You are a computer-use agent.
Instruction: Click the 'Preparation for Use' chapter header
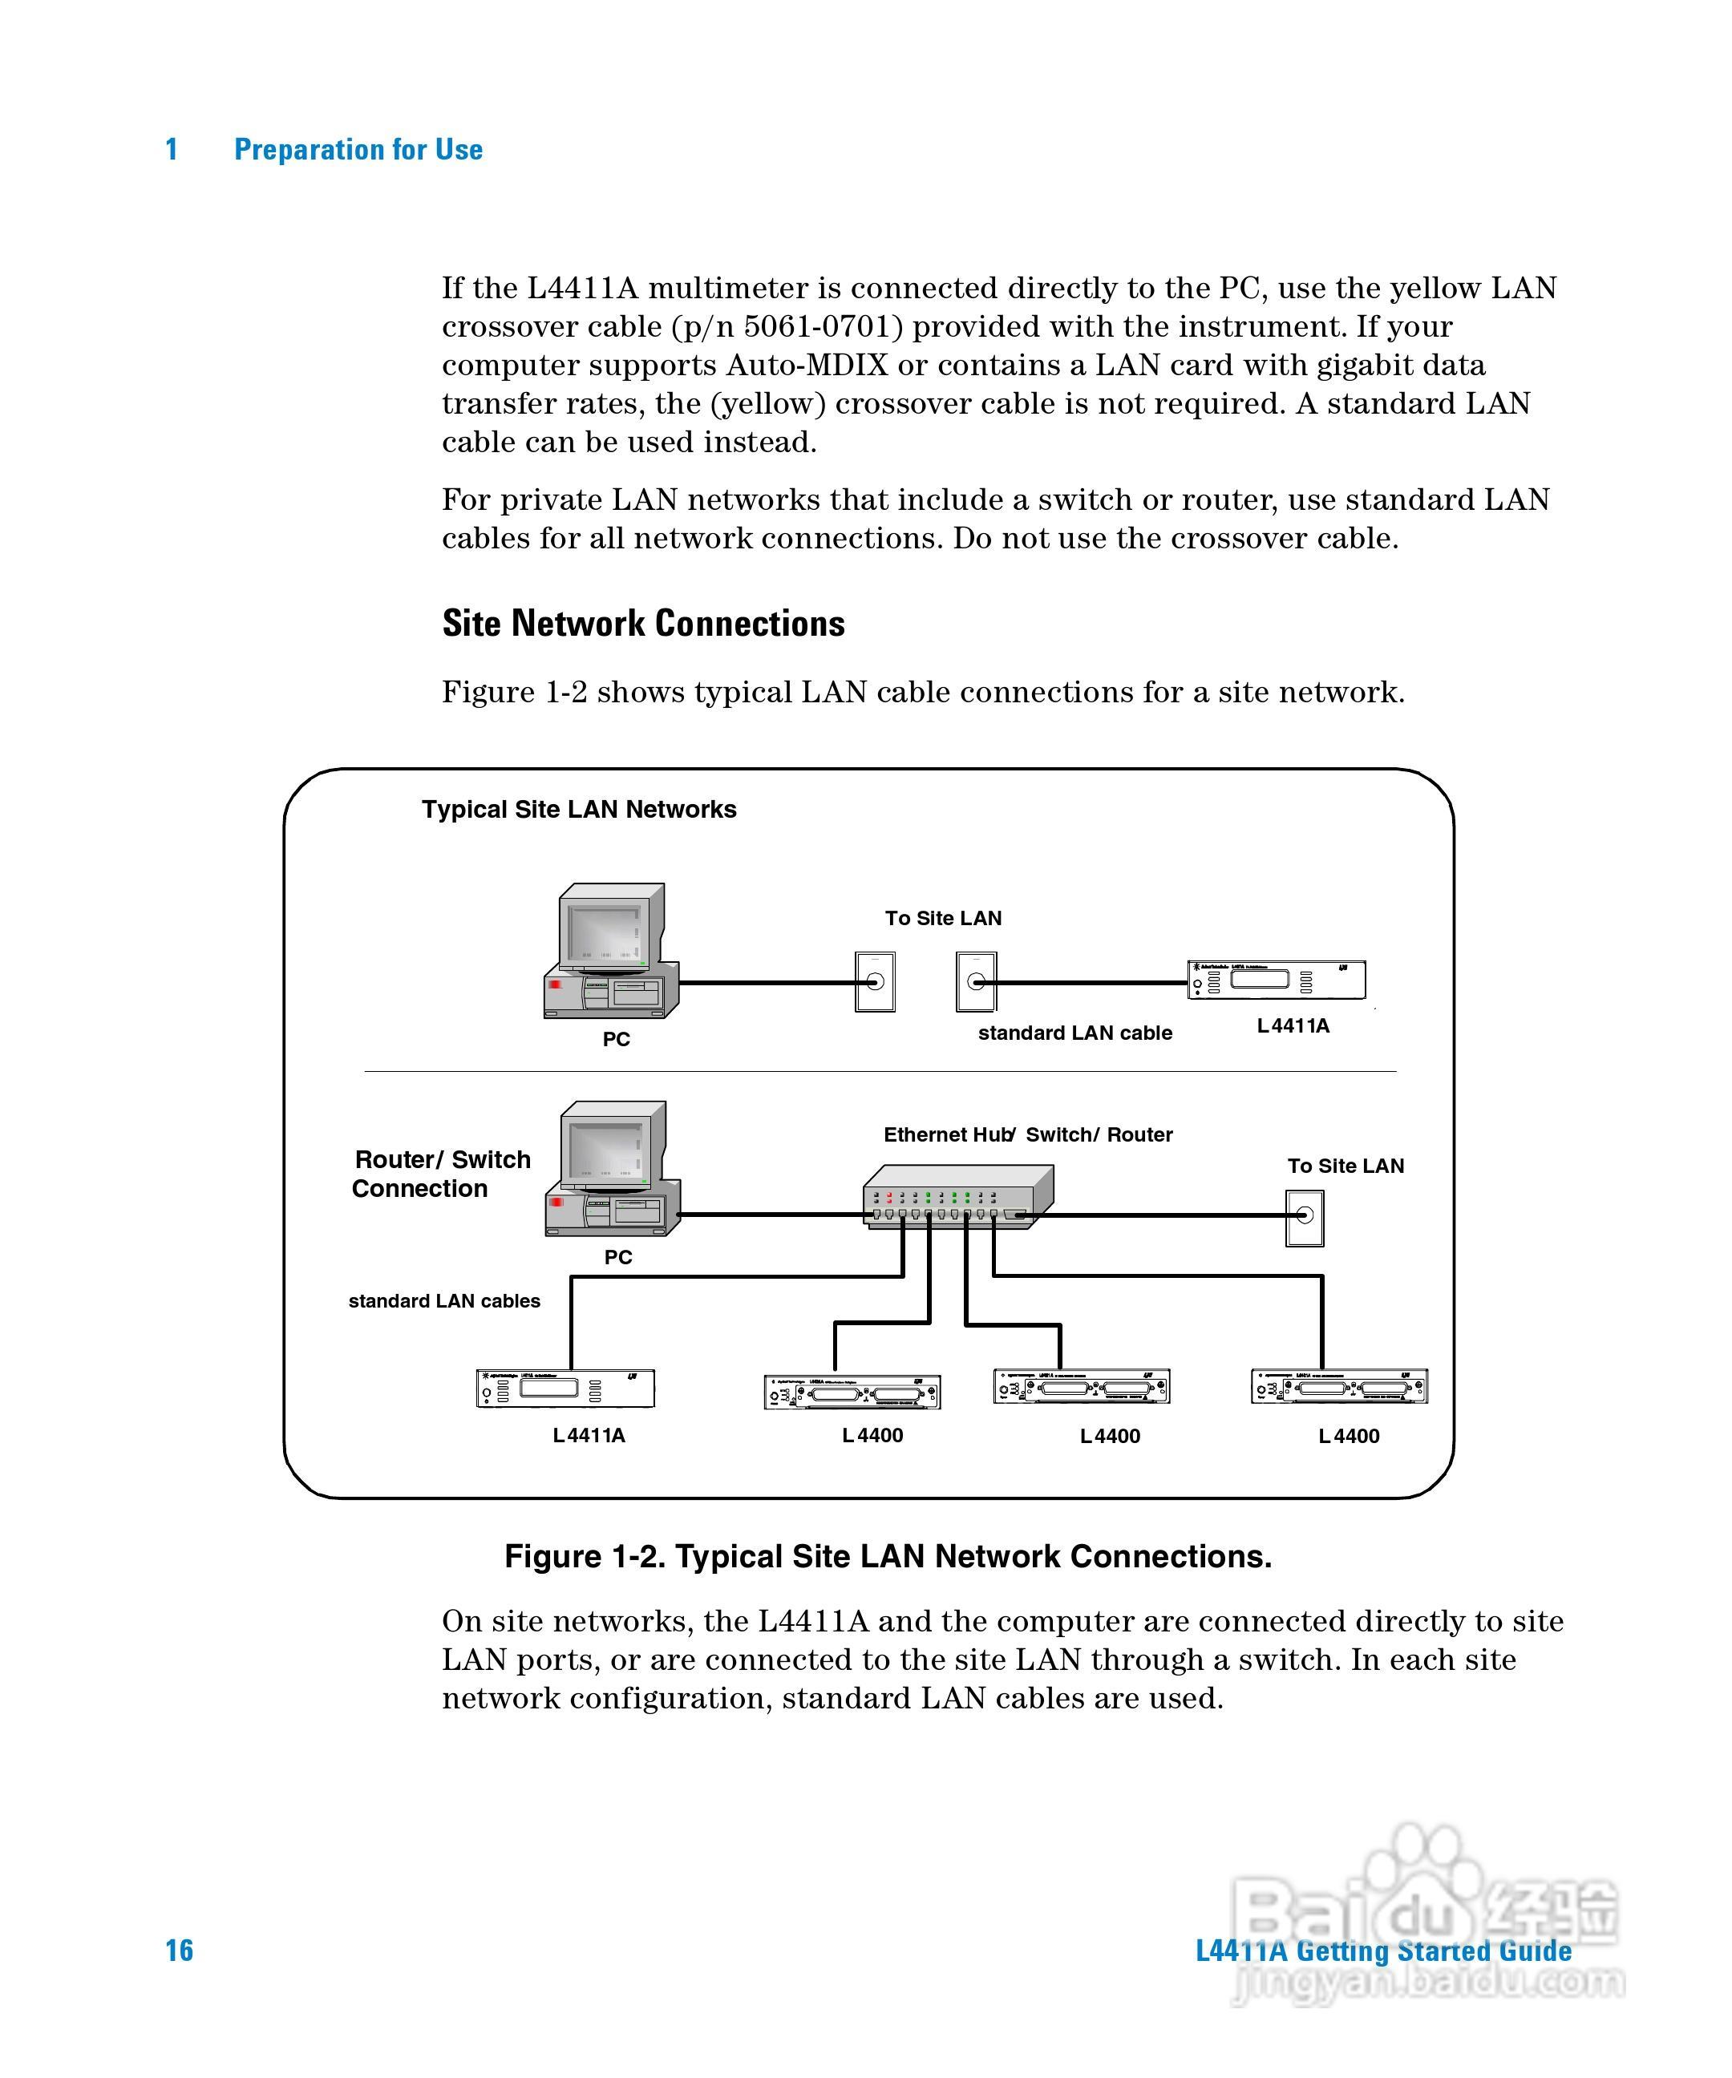(358, 149)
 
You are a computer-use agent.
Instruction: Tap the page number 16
(179, 1950)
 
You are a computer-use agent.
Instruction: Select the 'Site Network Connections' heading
(643, 624)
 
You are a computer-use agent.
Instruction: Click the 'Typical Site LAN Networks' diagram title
(579, 810)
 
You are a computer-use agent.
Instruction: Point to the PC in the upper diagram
(611, 952)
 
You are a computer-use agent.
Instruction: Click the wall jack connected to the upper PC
(875, 981)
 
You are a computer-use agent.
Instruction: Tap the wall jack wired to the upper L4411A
(976, 981)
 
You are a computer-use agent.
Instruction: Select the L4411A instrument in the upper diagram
(1277, 980)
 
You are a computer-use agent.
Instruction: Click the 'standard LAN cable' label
(1074, 1033)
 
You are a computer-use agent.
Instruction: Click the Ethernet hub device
(957, 1197)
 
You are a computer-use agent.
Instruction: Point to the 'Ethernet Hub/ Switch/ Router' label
(1027, 1135)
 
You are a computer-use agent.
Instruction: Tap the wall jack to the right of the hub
(1305, 1217)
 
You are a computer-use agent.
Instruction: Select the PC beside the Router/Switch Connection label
(613, 1170)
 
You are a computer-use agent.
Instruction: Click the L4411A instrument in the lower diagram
(565, 1389)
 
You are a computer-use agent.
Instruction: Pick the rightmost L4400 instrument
(1339, 1386)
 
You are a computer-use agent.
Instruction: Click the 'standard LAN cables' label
(444, 1301)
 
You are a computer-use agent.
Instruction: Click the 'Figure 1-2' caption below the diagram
(888, 1557)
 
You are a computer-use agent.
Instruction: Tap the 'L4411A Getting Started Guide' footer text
(1382, 1951)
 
